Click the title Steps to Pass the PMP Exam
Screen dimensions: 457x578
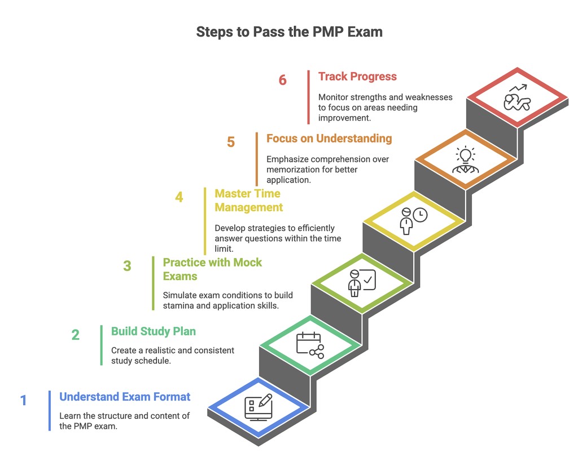click(289, 32)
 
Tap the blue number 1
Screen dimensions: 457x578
click(24, 401)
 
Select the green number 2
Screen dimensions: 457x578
click(75, 335)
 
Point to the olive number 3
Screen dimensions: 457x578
click(127, 265)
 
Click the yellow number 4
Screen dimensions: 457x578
click(179, 197)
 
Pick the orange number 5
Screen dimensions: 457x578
click(231, 141)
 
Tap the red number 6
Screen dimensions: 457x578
click(282, 80)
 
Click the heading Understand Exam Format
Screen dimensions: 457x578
click(125, 397)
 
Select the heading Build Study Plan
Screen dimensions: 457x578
click(154, 331)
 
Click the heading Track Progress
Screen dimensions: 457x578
click(357, 77)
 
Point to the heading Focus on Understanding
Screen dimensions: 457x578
click(329, 138)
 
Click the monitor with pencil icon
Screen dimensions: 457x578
click(258, 407)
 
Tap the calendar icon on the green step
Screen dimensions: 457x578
click(309, 344)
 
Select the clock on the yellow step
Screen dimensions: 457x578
click(420, 215)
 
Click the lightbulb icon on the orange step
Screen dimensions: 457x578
click(466, 154)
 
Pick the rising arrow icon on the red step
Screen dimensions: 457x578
click(518, 88)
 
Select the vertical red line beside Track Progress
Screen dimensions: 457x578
click(309, 97)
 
